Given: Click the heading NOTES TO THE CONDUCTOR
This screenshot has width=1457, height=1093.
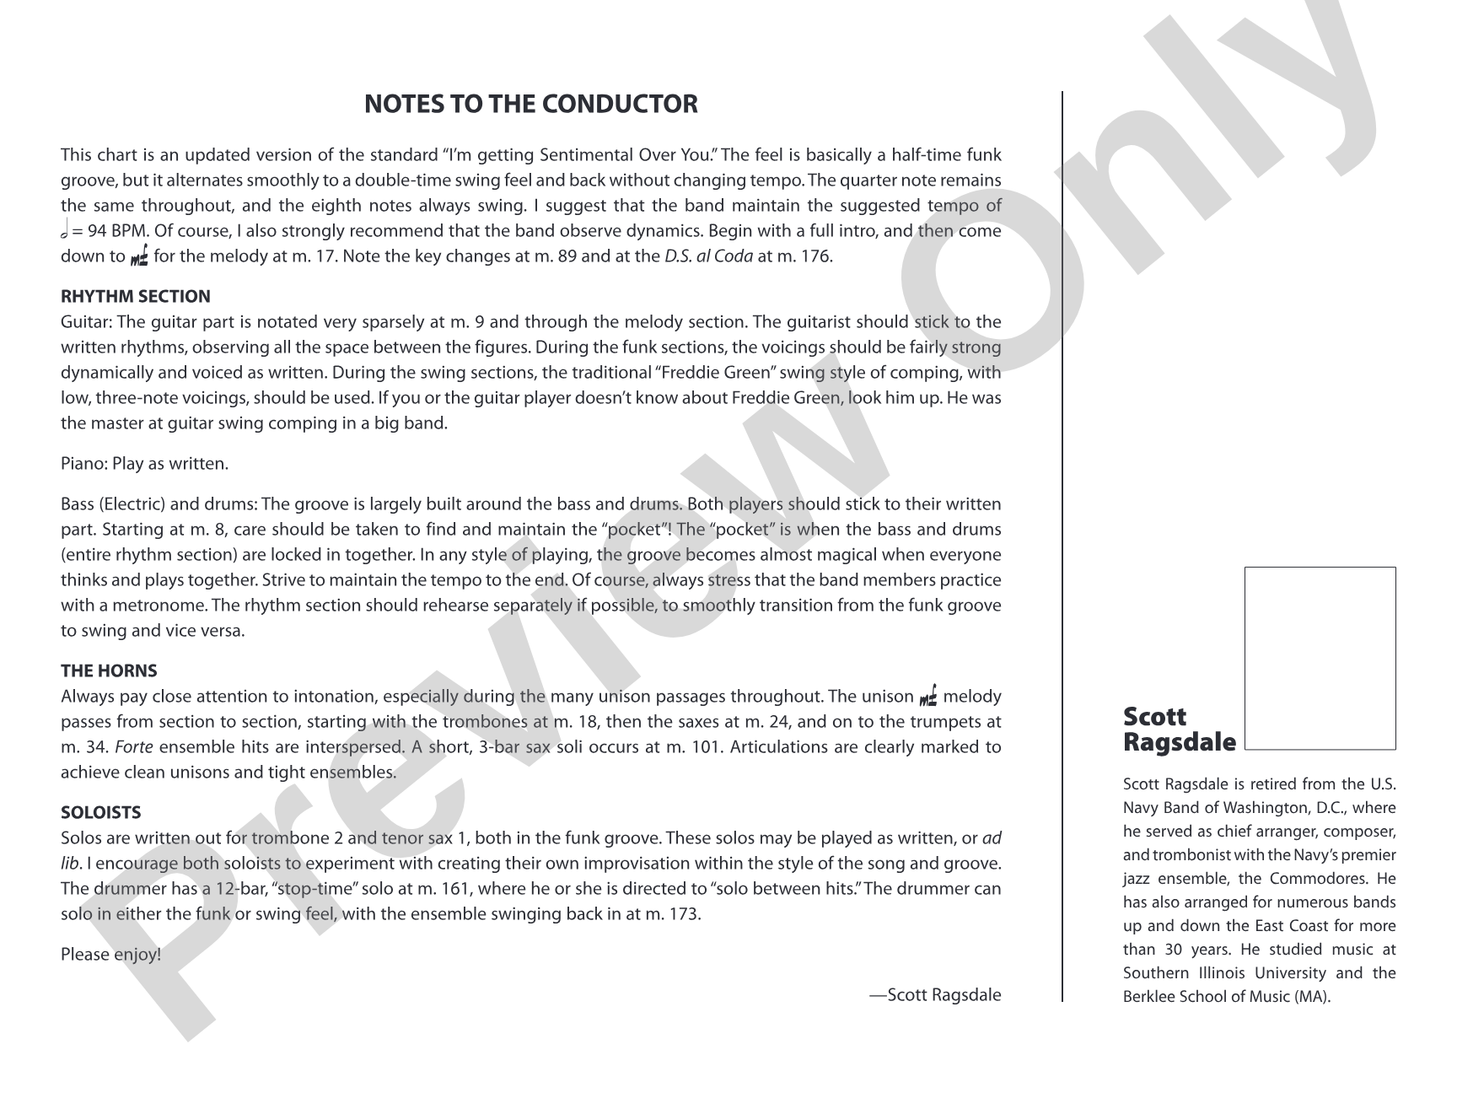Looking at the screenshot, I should [x=530, y=104].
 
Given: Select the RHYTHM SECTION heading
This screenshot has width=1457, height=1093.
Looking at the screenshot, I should [x=136, y=296].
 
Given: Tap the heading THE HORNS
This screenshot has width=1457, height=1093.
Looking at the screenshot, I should [x=109, y=670].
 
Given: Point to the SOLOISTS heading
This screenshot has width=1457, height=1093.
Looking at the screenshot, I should [x=100, y=812].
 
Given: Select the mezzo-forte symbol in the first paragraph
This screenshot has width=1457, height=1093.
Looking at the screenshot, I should [x=140, y=256].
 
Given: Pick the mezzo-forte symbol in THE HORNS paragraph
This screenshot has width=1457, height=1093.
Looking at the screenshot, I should [x=928, y=697].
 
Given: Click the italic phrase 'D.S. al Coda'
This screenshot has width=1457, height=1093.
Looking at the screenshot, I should [x=708, y=256].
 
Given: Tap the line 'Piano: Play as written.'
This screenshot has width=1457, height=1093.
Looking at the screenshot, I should [x=144, y=463].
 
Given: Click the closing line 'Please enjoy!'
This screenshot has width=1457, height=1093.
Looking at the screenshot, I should [x=110, y=954].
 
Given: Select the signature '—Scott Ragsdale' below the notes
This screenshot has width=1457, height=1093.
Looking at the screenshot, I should [x=935, y=994].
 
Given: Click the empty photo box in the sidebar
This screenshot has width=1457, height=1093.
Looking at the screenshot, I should [x=1320, y=658].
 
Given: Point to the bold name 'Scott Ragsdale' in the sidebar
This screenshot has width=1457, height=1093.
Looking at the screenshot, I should [x=1179, y=730].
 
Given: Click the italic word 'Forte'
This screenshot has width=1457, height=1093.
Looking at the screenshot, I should [x=132, y=746].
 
